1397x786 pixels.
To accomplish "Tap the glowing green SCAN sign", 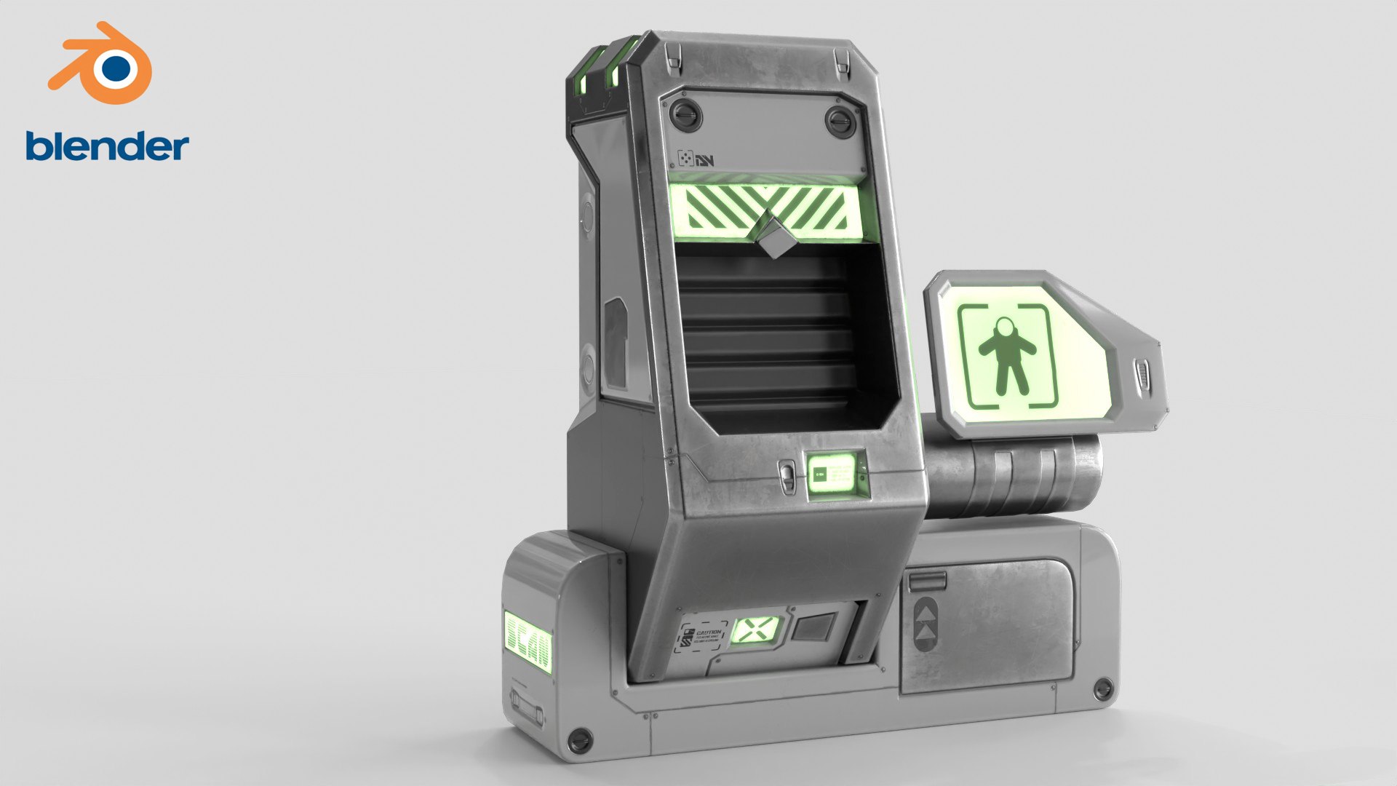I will tap(528, 641).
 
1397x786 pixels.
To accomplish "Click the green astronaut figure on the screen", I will tap(1007, 354).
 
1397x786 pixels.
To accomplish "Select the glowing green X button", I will tap(755, 630).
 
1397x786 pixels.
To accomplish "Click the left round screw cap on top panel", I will tap(685, 114).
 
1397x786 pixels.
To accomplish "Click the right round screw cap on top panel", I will tap(840, 121).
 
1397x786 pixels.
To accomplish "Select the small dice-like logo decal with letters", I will tap(695, 159).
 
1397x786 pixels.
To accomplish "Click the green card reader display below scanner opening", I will tap(834, 475).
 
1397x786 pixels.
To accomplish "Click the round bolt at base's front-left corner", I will tap(579, 739).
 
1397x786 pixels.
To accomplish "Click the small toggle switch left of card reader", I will tap(787, 477).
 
